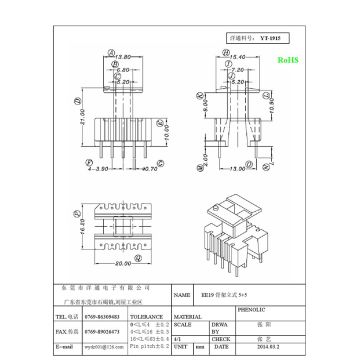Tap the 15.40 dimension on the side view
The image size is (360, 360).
(x=239, y=59)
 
